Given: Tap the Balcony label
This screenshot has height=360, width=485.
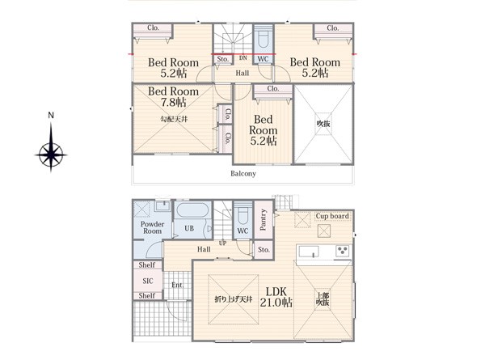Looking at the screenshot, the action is [243, 173].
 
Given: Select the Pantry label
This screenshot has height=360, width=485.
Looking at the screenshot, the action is [263, 219].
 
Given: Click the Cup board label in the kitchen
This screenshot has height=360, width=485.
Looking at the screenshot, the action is [332, 216].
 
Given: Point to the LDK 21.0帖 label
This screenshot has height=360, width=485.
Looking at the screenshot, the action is [276, 297].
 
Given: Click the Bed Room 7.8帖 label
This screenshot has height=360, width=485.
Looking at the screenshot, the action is [173, 96].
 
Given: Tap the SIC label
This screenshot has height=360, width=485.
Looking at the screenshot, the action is [148, 281].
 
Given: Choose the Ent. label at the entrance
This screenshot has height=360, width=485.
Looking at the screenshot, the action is [178, 285].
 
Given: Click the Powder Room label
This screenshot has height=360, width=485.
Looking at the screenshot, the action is [152, 227].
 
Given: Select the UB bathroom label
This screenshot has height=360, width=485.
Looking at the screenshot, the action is [189, 228].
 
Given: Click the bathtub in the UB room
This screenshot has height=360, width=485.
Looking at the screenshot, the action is [192, 210].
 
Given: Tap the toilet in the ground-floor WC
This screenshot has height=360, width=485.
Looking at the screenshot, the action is [243, 213].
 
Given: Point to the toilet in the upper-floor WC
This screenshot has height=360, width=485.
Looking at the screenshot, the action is [264, 38].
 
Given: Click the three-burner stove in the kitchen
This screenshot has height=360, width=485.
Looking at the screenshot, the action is [342, 251].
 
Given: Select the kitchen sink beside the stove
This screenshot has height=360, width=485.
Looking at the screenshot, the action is [308, 252].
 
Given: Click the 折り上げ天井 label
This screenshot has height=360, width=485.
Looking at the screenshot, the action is [234, 299].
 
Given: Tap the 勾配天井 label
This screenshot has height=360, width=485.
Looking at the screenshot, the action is [174, 119].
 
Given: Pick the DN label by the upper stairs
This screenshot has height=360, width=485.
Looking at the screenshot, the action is [243, 58].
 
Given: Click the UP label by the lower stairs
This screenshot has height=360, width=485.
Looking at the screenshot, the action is [222, 244].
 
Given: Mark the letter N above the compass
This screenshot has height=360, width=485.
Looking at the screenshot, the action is [51, 116].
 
